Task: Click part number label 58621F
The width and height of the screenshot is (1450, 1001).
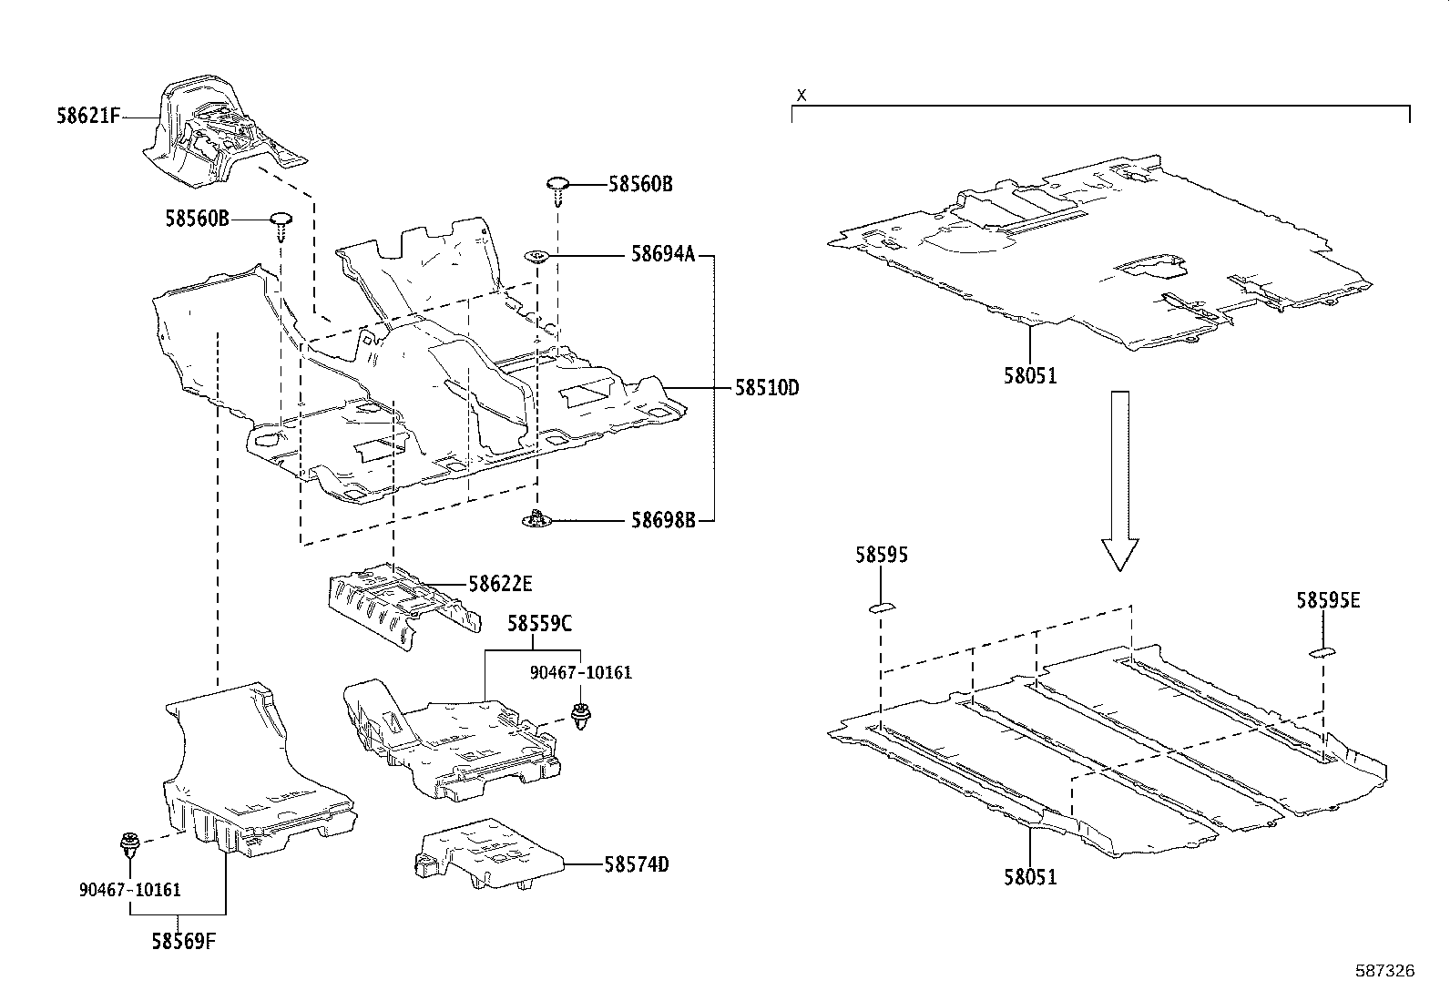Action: click(x=87, y=117)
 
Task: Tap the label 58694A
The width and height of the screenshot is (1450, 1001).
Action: click(x=662, y=256)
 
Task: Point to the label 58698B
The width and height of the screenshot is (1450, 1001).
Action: click(x=663, y=521)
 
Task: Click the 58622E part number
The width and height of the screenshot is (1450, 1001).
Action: click(x=500, y=584)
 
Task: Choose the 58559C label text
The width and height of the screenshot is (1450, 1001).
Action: click(x=539, y=624)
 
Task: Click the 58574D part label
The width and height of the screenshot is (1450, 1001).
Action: click(x=636, y=864)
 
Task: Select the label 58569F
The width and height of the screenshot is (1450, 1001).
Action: click(x=183, y=940)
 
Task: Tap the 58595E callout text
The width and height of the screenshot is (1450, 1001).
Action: click(x=1328, y=600)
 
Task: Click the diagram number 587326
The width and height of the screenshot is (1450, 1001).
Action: click(x=1384, y=971)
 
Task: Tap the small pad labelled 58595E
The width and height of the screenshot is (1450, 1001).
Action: click(x=1322, y=652)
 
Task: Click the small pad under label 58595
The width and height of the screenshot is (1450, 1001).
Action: click(x=882, y=608)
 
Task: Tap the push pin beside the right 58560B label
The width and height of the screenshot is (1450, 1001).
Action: click(x=557, y=187)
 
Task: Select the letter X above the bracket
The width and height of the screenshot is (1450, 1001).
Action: click(x=802, y=95)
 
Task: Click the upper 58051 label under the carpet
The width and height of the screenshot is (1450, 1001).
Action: click(x=1030, y=375)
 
